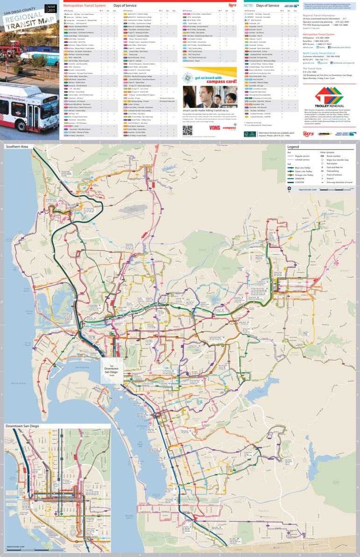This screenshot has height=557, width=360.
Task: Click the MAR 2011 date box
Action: point(51,7)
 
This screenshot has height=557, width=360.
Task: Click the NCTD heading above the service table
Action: point(249,5)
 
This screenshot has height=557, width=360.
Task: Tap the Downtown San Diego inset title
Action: point(22,426)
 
